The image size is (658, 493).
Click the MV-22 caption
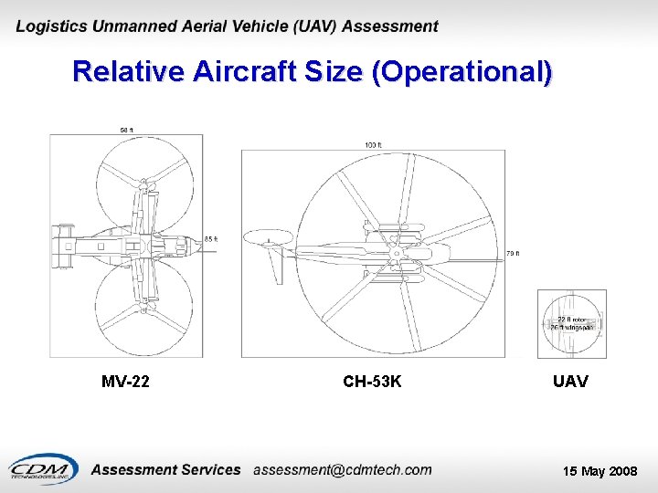pos(125,381)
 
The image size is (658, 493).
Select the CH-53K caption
pos(372,381)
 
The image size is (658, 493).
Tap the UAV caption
pos(570,381)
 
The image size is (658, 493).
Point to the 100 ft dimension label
pos(373,145)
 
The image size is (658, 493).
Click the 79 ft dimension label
pos(512,254)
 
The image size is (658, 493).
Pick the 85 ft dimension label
pos(210,239)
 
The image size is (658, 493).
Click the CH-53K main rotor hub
pos(395,247)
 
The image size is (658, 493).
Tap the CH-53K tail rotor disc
pos(268,239)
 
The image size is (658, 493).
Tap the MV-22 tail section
pos(64,246)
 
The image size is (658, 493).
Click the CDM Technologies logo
pos(41,469)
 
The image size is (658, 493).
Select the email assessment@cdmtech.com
pos(342,469)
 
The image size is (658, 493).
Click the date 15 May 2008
pos(600,471)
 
